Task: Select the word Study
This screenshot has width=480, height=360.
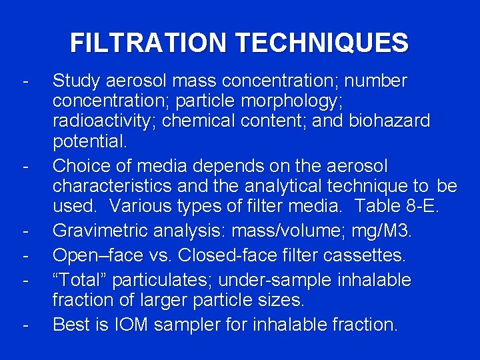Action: pyautogui.click(x=77, y=81)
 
